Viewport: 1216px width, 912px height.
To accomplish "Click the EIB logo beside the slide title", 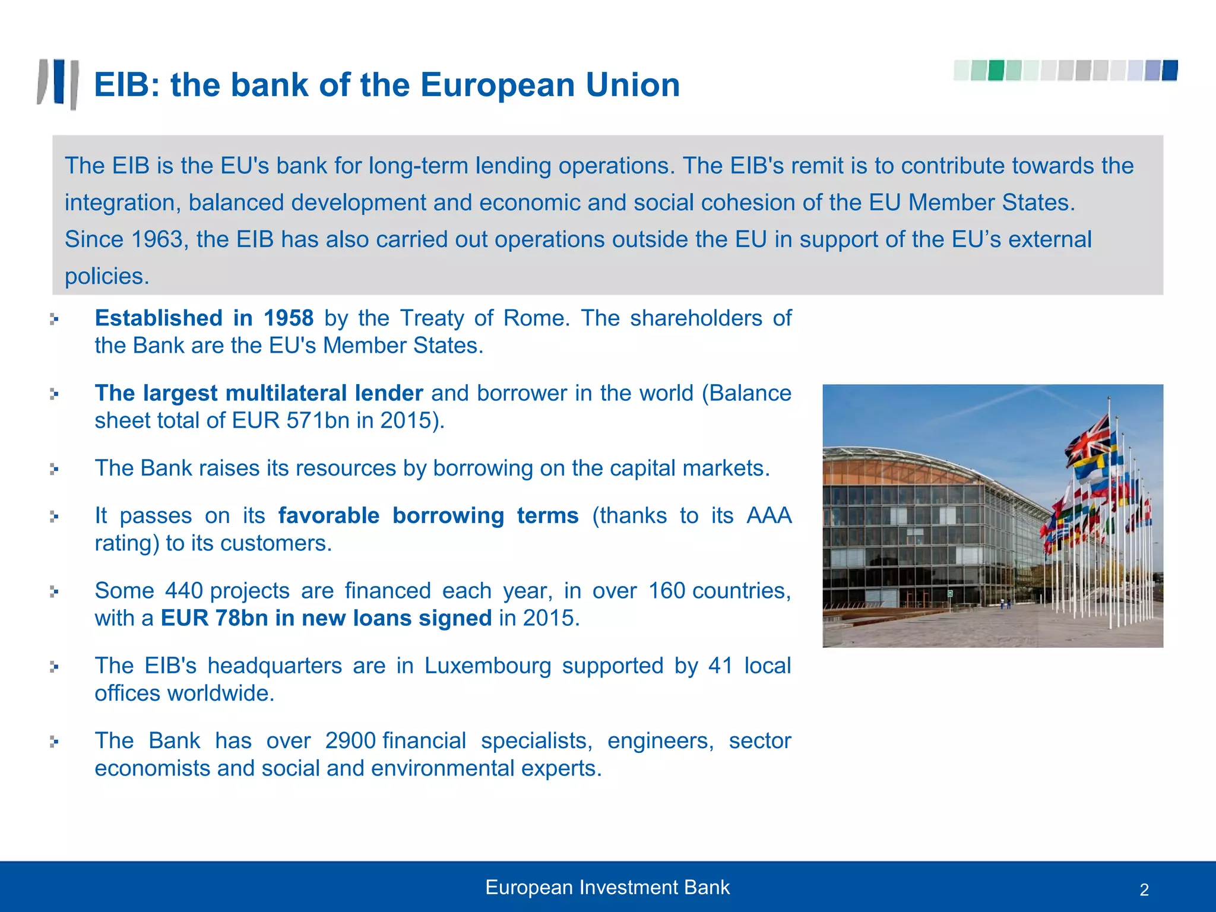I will pos(58,84).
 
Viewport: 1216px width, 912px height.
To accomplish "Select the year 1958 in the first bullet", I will pos(288,318).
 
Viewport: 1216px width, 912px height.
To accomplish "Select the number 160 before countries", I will pos(666,591).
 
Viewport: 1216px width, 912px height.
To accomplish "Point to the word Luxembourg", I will pos(487,666).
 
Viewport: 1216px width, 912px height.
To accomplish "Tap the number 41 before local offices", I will pos(720,666).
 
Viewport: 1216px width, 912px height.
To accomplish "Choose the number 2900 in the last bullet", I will pos(350,741).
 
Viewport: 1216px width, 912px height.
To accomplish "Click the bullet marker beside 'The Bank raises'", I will pos(54,469).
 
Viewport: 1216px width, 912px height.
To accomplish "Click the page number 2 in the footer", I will pos(1144,889).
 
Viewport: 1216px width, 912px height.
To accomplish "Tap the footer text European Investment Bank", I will pos(607,887).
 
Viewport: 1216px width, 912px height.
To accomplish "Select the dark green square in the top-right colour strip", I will pos(996,70).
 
